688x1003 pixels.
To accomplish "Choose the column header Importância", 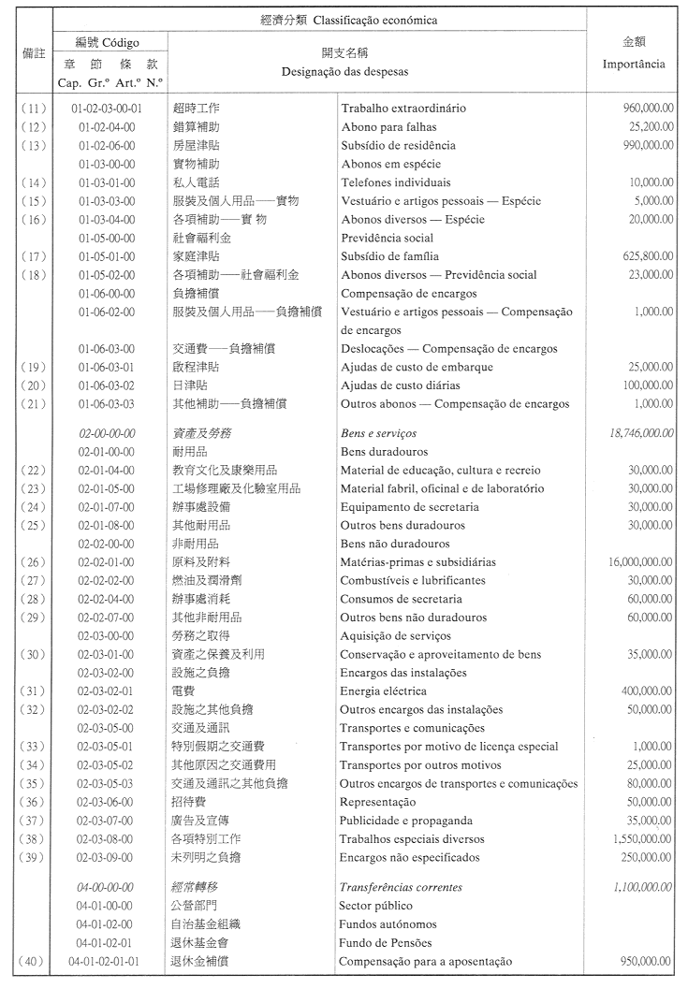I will click(x=634, y=65).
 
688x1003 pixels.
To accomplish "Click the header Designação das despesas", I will click(x=344, y=71).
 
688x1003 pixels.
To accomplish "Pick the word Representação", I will click(x=377, y=802).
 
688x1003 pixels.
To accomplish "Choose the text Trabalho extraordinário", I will click(x=403, y=109).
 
